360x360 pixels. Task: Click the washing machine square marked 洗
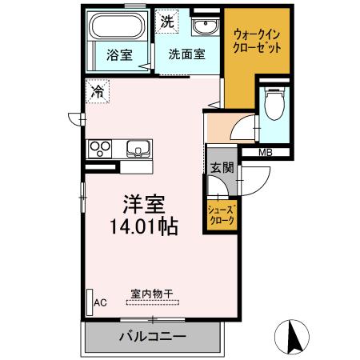tap(167, 22)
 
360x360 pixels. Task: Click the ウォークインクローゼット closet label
tap(258, 40)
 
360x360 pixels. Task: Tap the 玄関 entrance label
tap(222, 168)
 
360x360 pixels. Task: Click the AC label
tap(101, 302)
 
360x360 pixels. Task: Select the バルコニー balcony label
tap(153, 336)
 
